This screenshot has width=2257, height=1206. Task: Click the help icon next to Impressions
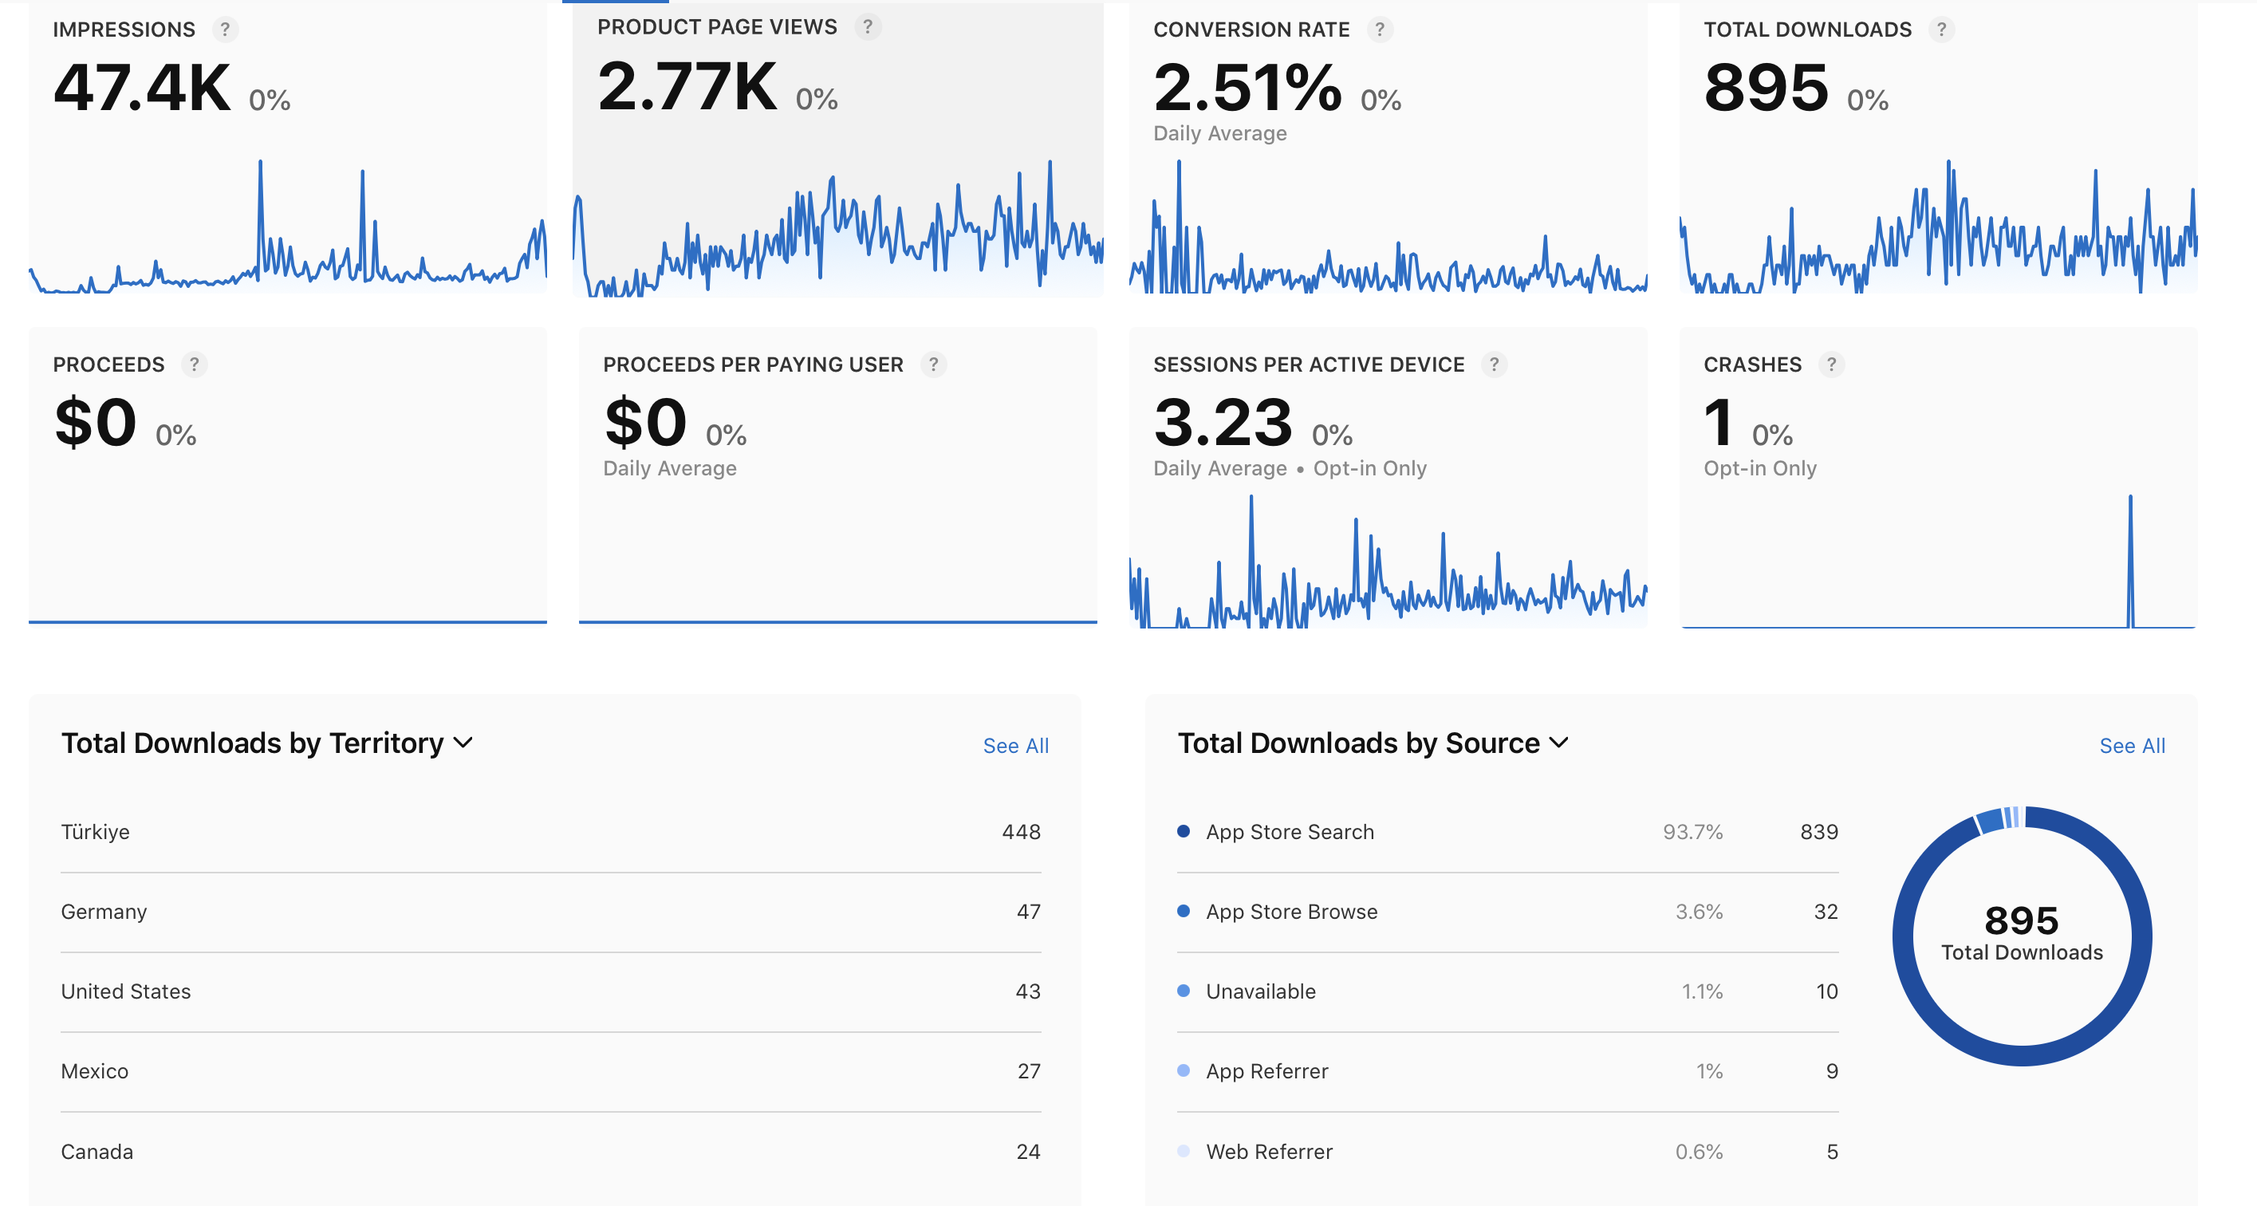pyautogui.click(x=225, y=30)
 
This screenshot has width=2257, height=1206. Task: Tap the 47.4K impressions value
pyautogui.click(x=142, y=88)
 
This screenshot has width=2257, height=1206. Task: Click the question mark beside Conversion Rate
pyautogui.click(x=1380, y=30)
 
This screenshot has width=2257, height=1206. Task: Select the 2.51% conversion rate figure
pyautogui.click(x=1247, y=88)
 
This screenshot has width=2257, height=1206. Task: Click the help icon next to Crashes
pyautogui.click(x=1831, y=365)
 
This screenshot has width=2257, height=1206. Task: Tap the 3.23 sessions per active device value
pyautogui.click(x=1223, y=423)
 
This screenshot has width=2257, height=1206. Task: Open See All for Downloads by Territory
pyautogui.click(x=1015, y=746)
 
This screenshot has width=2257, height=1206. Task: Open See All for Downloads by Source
pyautogui.click(x=2132, y=746)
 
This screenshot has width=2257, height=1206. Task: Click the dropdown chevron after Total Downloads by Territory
pyautogui.click(x=463, y=743)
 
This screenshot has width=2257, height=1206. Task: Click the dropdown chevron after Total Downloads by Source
pyautogui.click(x=1558, y=743)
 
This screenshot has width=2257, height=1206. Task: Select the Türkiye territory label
pyautogui.click(x=96, y=832)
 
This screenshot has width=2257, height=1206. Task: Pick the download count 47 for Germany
pyautogui.click(x=1029, y=912)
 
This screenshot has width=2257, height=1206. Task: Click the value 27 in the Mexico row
pyautogui.click(x=1030, y=1071)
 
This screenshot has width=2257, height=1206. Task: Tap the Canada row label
pyautogui.click(x=97, y=1152)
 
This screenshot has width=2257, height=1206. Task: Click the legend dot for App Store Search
pyautogui.click(x=1184, y=831)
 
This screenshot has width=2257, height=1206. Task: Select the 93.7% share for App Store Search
pyautogui.click(x=1692, y=832)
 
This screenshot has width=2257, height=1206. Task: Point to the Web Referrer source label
pyautogui.click(x=1270, y=1152)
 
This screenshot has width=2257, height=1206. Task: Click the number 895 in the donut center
pyautogui.click(x=2021, y=921)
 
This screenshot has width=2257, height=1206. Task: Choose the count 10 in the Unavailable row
pyautogui.click(x=1827, y=991)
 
